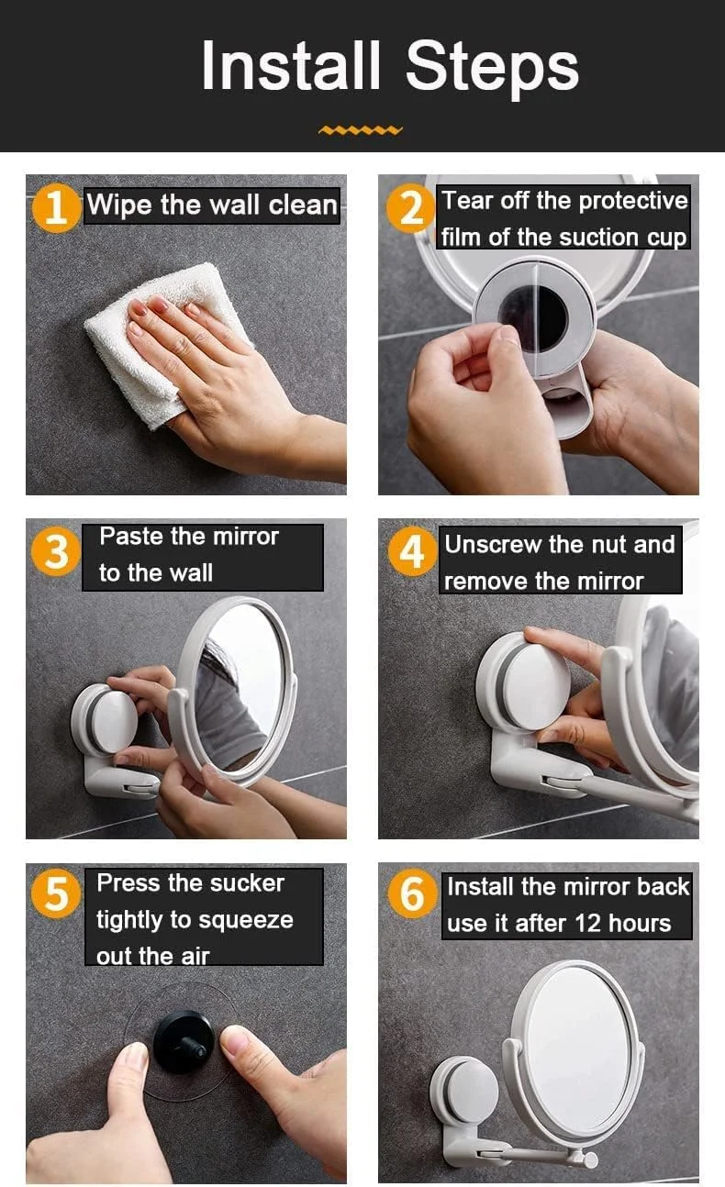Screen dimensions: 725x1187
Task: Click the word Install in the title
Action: [291, 66]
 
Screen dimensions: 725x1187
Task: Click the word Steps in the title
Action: [491, 69]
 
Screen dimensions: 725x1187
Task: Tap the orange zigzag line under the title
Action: [361, 130]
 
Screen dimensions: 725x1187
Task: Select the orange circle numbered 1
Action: [56, 207]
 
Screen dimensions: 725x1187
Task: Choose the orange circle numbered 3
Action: [56, 553]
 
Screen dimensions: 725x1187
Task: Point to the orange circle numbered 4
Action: [412, 551]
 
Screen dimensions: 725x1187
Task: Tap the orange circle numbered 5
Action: [56, 894]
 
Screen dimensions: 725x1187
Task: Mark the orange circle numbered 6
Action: [412, 894]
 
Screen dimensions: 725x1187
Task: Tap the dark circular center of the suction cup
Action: [532, 319]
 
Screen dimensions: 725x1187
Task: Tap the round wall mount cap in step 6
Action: [466, 1093]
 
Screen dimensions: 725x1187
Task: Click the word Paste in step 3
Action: [131, 537]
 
